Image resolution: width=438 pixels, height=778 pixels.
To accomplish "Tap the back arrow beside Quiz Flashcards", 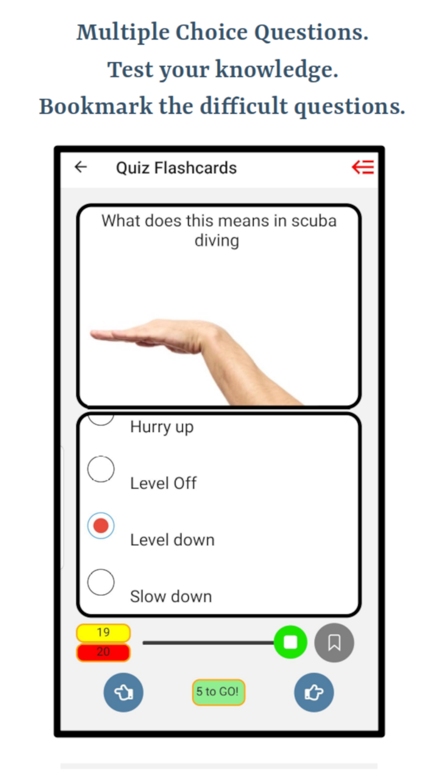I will click(81, 167).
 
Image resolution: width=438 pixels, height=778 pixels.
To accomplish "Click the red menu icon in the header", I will click(362, 167).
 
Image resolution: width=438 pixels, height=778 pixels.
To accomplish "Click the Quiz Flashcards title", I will click(176, 168).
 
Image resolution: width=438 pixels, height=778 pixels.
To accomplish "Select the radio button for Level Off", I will click(101, 469).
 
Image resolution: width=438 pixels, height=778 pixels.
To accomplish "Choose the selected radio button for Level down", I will click(101, 526).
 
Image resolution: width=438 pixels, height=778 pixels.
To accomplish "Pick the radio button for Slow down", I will click(101, 582).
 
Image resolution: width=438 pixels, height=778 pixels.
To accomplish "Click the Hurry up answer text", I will click(161, 427).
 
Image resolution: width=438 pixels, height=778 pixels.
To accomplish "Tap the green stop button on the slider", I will click(290, 642).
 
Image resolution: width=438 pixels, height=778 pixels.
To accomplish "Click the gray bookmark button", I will click(334, 642).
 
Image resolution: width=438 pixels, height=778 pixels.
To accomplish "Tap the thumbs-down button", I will click(123, 692).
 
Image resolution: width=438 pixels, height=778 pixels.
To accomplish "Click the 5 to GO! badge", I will click(218, 692).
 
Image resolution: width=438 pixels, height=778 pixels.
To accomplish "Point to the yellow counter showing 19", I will click(103, 632).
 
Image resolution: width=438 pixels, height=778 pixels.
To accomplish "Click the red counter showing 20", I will click(103, 652).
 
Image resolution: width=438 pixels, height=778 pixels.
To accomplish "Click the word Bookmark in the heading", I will click(95, 106).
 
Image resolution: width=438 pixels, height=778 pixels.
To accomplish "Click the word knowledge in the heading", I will click(276, 69).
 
